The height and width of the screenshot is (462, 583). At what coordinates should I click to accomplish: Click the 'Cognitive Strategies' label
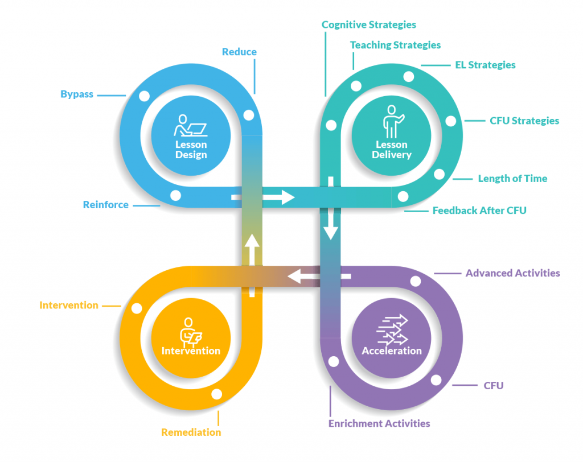368,24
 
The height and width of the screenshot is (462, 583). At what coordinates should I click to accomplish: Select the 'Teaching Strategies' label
395,44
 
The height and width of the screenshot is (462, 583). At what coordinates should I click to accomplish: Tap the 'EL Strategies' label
485,65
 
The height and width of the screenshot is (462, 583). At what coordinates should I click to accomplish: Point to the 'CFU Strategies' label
524,121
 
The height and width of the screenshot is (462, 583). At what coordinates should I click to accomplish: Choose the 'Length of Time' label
512,178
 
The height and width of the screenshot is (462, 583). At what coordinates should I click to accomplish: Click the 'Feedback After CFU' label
479,211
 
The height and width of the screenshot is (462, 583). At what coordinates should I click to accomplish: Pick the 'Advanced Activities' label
512,273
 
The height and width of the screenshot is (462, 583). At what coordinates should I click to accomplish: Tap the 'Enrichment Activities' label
379,423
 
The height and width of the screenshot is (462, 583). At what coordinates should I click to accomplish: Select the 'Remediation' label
191,432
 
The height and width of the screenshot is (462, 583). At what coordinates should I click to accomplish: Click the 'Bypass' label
77,94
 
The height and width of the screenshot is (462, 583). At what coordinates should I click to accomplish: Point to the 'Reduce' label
239,52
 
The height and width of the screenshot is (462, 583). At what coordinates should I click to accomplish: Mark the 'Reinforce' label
106,205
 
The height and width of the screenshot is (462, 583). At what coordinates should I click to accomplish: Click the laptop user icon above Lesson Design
191,126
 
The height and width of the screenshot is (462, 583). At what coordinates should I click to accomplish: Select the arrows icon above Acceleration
392,330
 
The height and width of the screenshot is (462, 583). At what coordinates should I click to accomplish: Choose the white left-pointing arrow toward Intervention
302,277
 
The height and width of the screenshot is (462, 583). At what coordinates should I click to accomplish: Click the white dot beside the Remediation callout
216,394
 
